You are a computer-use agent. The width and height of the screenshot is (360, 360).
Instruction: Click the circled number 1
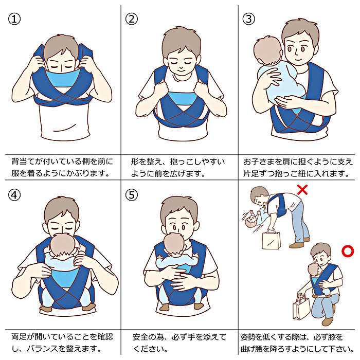(14, 19)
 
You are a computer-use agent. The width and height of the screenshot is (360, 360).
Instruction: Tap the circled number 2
(132, 19)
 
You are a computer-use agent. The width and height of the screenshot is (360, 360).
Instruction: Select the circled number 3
(248, 19)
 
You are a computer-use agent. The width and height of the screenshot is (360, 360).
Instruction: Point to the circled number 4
(14, 195)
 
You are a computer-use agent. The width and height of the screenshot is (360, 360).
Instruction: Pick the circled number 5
(132, 195)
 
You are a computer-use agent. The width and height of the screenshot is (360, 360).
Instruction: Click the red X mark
(302, 190)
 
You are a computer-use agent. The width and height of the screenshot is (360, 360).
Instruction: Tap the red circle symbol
(348, 251)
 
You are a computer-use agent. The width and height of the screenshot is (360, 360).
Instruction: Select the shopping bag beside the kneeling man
(301, 308)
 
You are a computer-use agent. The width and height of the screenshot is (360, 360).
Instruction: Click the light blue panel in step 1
(62, 78)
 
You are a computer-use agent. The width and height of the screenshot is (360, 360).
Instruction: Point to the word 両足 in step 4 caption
(20, 336)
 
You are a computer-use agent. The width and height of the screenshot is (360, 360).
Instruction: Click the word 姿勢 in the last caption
(248, 337)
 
